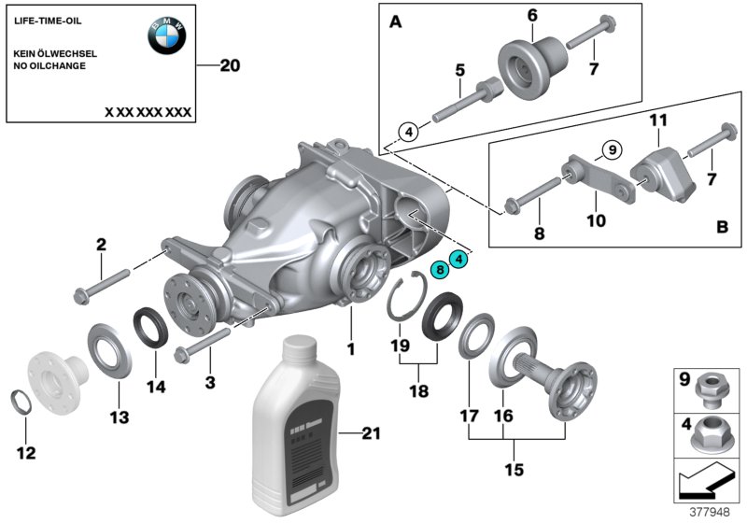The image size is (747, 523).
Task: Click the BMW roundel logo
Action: tap(167, 35)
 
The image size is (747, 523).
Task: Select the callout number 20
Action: tap(230, 66)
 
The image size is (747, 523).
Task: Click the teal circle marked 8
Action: tap(439, 269)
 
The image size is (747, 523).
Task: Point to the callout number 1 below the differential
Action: tap(352, 348)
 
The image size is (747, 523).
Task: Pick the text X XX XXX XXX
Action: tap(148, 112)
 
